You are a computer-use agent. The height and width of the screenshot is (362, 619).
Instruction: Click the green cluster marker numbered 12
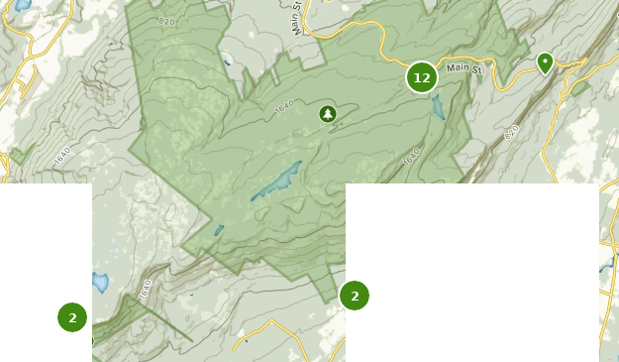[x=422, y=77]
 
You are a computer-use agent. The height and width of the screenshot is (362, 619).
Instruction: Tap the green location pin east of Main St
[x=545, y=63]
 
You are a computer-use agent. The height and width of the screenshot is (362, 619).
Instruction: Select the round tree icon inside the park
[x=328, y=114]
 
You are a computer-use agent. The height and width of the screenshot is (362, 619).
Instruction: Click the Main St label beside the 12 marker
[x=464, y=68]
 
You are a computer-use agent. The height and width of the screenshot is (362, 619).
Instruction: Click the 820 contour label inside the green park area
[x=165, y=21]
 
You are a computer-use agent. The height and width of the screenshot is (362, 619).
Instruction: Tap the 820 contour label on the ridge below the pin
[x=511, y=133]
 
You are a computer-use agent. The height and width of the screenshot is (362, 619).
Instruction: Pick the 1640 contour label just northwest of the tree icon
[x=286, y=106]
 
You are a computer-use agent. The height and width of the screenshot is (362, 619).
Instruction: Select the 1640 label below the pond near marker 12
[x=413, y=157]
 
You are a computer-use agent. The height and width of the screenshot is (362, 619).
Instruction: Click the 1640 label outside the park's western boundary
[x=62, y=156]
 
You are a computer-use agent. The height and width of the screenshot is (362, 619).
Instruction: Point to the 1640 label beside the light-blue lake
[x=146, y=289]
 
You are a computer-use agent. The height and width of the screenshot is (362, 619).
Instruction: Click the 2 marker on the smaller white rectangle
[x=72, y=317]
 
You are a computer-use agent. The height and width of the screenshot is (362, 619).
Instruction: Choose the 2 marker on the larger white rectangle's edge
[x=355, y=296]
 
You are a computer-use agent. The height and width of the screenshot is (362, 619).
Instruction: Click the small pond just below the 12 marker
[x=438, y=107]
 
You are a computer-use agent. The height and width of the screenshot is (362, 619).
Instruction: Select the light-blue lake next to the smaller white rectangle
[x=100, y=282]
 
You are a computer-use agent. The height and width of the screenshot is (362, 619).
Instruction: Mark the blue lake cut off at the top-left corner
[x=23, y=5]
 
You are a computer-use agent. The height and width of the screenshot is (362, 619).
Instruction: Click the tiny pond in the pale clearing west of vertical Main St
[x=227, y=63]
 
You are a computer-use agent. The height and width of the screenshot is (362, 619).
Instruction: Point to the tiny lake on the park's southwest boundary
[x=219, y=231]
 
